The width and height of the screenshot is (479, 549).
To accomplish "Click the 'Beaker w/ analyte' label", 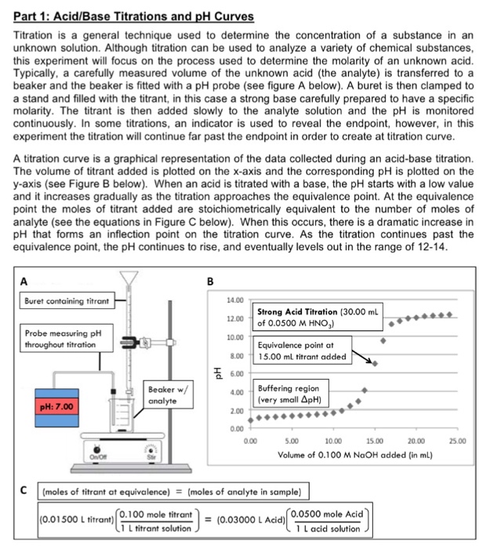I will [x=167, y=394].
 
